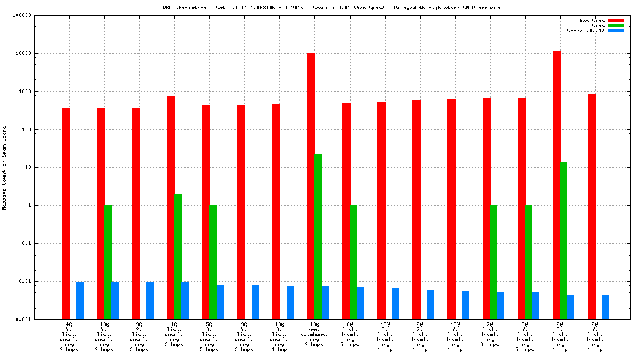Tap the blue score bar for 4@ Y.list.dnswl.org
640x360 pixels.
click(x=80, y=300)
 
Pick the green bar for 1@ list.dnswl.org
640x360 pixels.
click(x=178, y=256)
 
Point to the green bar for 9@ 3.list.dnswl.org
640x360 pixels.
click(x=564, y=241)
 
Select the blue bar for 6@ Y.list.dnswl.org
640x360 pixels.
click(x=606, y=307)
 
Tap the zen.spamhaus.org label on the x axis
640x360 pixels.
click(x=314, y=335)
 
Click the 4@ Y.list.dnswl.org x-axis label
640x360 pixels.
click(x=69, y=336)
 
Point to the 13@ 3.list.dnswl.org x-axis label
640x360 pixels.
click(x=384, y=336)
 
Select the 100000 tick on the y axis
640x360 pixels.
click(x=22, y=16)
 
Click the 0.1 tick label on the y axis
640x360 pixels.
click(x=26, y=244)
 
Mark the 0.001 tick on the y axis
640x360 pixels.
click(x=23, y=319)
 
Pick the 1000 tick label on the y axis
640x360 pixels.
click(x=24, y=92)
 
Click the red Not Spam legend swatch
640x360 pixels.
click(x=616, y=21)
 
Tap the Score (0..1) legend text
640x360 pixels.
click(x=586, y=31)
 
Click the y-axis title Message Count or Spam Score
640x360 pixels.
click(x=5, y=167)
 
